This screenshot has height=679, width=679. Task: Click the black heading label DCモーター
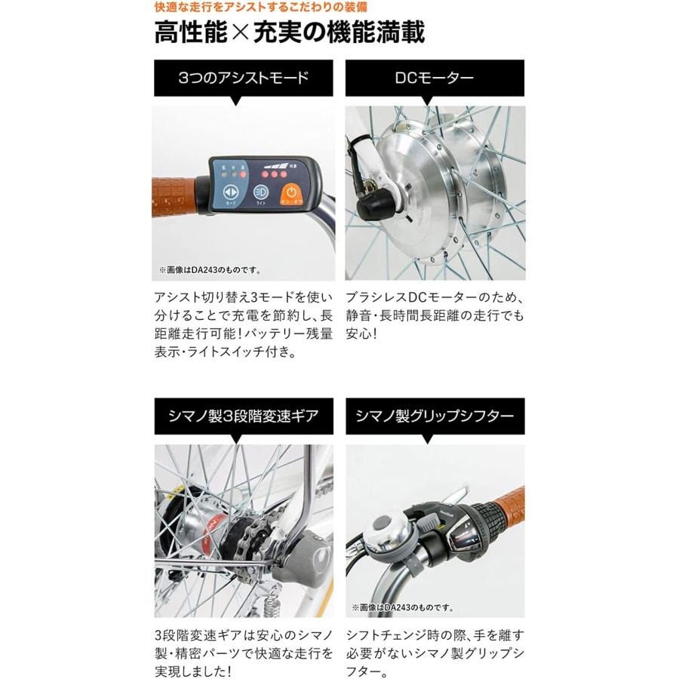435,78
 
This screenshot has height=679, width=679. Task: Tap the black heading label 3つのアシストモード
244,78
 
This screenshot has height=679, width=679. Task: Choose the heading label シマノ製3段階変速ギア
244,415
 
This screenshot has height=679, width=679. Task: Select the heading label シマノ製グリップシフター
435,415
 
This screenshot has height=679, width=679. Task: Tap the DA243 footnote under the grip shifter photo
400,606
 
